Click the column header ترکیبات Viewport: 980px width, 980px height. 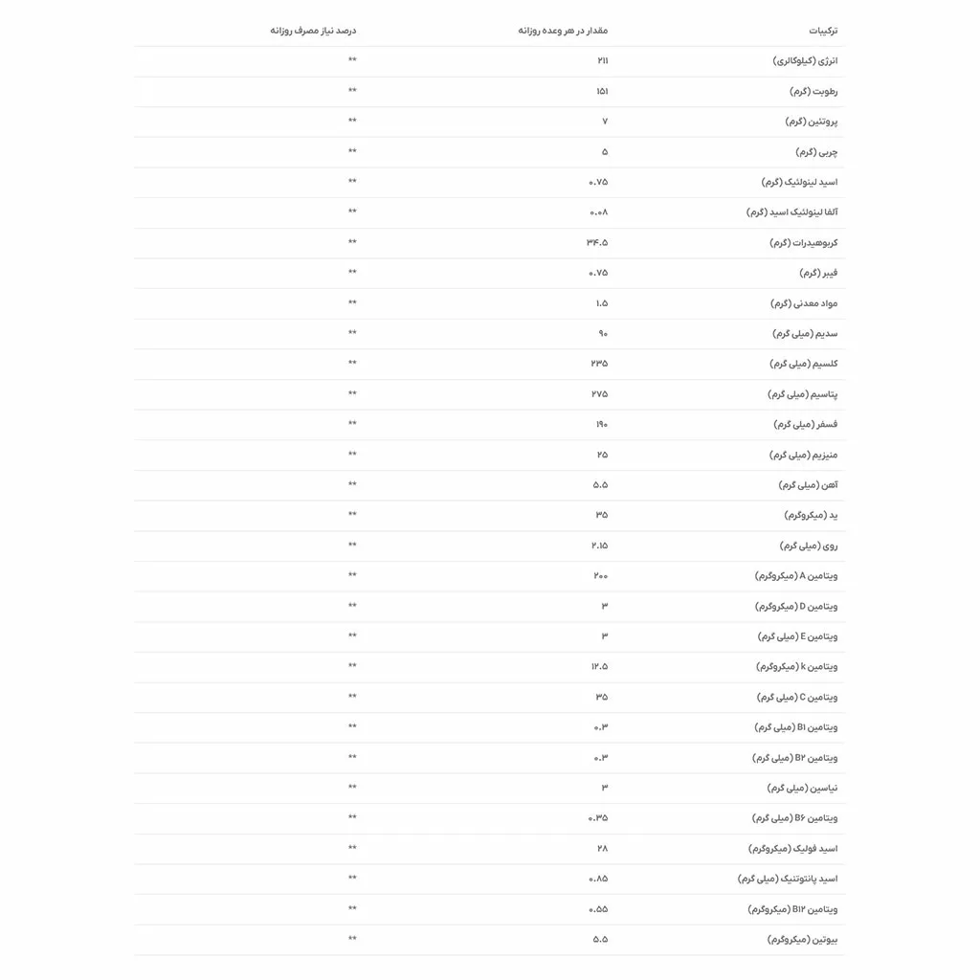[822, 31]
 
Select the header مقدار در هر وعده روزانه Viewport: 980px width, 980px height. [563, 31]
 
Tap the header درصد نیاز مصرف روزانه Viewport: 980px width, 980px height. [313, 31]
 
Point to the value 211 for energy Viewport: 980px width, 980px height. [602, 61]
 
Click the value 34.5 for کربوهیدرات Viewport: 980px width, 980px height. [597, 242]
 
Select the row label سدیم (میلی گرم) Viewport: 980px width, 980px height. [805, 333]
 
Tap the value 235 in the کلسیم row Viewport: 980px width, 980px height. [599, 364]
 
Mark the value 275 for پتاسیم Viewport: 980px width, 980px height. [599, 394]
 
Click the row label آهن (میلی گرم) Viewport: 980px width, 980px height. [808, 485]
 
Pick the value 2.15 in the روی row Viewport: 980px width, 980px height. [599, 546]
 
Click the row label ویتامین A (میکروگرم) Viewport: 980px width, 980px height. [796, 576]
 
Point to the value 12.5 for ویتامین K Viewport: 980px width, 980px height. [599, 667]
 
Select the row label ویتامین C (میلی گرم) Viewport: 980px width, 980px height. [797, 697]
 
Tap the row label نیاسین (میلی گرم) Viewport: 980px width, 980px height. [802, 788]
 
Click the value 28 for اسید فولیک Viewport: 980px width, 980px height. [602, 848]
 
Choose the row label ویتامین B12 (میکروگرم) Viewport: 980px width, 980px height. [792, 909]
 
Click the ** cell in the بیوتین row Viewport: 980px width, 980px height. [352, 940]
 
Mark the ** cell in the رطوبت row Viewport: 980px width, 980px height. [352, 91]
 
